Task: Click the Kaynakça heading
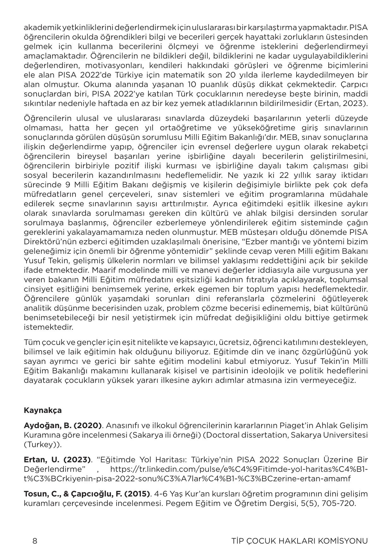(x=43, y=410)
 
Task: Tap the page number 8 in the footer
(x=35, y=541)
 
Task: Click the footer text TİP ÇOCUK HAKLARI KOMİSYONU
(x=299, y=541)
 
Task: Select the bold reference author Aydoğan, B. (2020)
(x=63, y=425)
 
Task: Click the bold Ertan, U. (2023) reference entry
(x=57, y=459)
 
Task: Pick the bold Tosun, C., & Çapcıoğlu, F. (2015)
(x=87, y=494)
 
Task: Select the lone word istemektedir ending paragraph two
(x=48, y=327)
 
